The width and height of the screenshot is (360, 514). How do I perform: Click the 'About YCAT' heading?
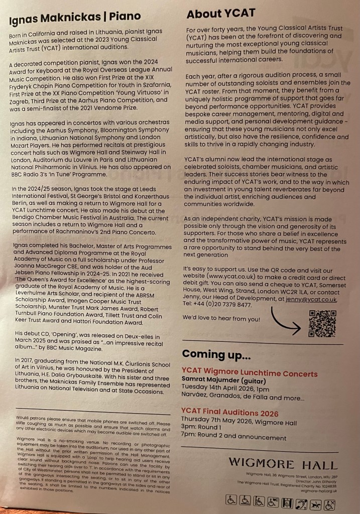click(221, 14)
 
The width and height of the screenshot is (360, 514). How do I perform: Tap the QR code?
click(322, 323)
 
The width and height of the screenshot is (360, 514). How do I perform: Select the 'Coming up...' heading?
click(216, 356)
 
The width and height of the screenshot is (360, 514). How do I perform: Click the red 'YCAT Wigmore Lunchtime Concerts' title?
click(250, 373)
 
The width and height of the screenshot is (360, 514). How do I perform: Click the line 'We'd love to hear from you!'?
click(221, 318)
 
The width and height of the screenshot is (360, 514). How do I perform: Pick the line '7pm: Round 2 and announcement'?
click(234, 438)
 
